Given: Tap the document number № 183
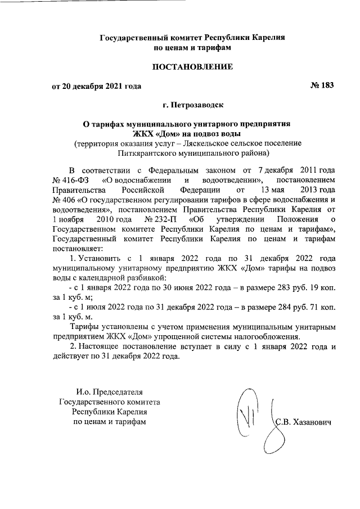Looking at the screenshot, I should [322, 86].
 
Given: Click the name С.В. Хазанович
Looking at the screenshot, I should [304, 422].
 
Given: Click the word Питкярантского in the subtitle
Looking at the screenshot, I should [148, 152].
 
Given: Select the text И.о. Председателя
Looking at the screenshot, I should [110, 391].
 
